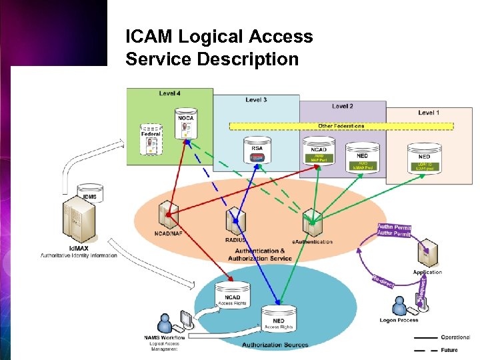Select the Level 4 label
[x=169, y=93]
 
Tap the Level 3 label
[x=256, y=100]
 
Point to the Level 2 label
[x=342, y=106]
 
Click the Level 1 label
[x=428, y=113]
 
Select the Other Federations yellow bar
[x=341, y=125]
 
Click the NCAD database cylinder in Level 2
[x=318, y=150]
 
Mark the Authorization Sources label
[x=275, y=345]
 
